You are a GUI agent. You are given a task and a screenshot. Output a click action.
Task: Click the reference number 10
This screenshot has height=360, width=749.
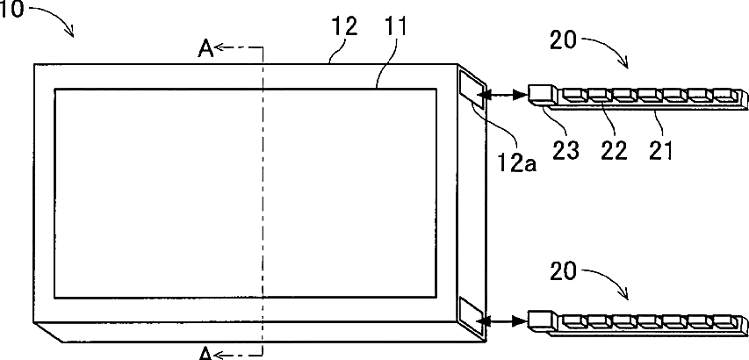point(12,12)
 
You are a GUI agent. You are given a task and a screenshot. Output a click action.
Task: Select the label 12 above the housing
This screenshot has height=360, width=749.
point(345,27)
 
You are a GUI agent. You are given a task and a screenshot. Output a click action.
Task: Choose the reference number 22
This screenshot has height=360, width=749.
point(612,150)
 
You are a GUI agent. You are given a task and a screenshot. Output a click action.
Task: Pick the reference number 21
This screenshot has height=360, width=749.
point(659,150)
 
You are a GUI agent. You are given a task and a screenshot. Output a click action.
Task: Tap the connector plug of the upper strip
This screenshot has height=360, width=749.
point(539,93)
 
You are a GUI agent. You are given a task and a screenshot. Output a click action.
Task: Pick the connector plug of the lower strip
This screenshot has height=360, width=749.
point(539,320)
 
